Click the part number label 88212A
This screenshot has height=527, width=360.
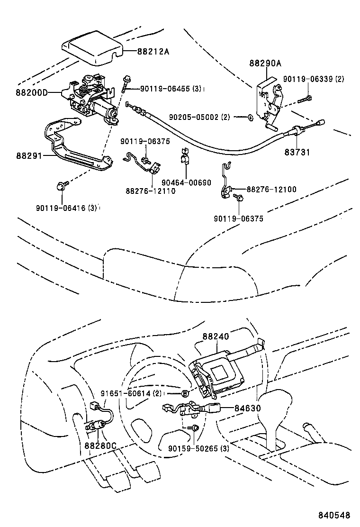(153, 52)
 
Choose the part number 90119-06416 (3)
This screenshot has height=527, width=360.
(66, 207)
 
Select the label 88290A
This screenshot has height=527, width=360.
(265, 63)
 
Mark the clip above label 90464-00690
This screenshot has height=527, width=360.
(184, 158)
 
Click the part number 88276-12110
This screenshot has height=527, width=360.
(151, 191)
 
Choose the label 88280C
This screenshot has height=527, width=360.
(100, 445)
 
